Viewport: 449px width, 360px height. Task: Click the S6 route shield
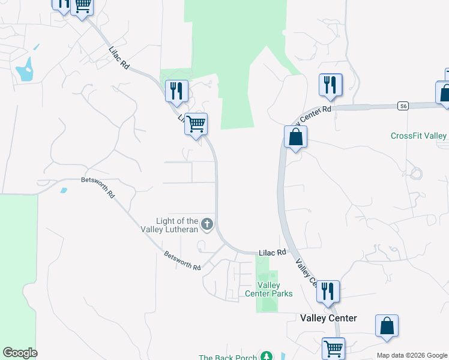click(403, 106)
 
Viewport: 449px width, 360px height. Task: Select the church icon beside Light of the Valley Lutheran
click(207, 224)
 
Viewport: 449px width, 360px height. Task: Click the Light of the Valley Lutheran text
click(176, 226)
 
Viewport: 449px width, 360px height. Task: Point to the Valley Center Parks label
click(269, 289)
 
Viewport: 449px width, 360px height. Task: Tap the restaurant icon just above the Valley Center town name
click(328, 292)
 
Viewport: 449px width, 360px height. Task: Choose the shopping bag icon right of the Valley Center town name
click(387, 325)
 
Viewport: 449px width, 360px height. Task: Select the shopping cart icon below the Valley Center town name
click(333, 347)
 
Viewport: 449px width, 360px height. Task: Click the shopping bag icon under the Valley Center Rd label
click(295, 137)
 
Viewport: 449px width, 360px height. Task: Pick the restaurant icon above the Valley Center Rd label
click(330, 85)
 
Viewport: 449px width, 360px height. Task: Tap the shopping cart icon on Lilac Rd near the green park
click(196, 124)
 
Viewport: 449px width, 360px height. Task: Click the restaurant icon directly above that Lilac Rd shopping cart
click(176, 91)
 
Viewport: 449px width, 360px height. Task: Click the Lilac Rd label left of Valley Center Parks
click(273, 253)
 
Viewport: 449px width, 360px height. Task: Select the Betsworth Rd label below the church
click(182, 260)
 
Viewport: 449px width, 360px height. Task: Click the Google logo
click(20, 353)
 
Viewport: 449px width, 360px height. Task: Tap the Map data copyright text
click(412, 355)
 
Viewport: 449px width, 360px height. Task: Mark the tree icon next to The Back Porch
click(267, 356)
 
